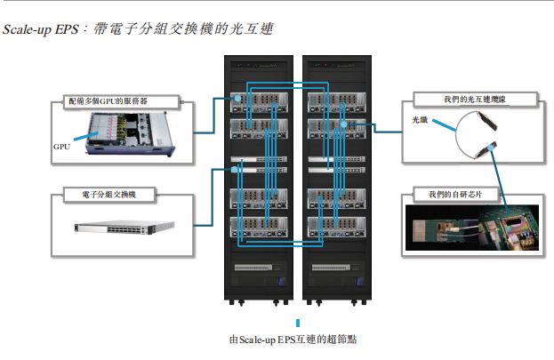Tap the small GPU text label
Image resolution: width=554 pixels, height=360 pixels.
tap(61, 147)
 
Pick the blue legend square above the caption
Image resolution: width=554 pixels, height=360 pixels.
tap(298, 323)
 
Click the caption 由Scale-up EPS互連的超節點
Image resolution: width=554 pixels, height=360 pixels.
tap(297, 340)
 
